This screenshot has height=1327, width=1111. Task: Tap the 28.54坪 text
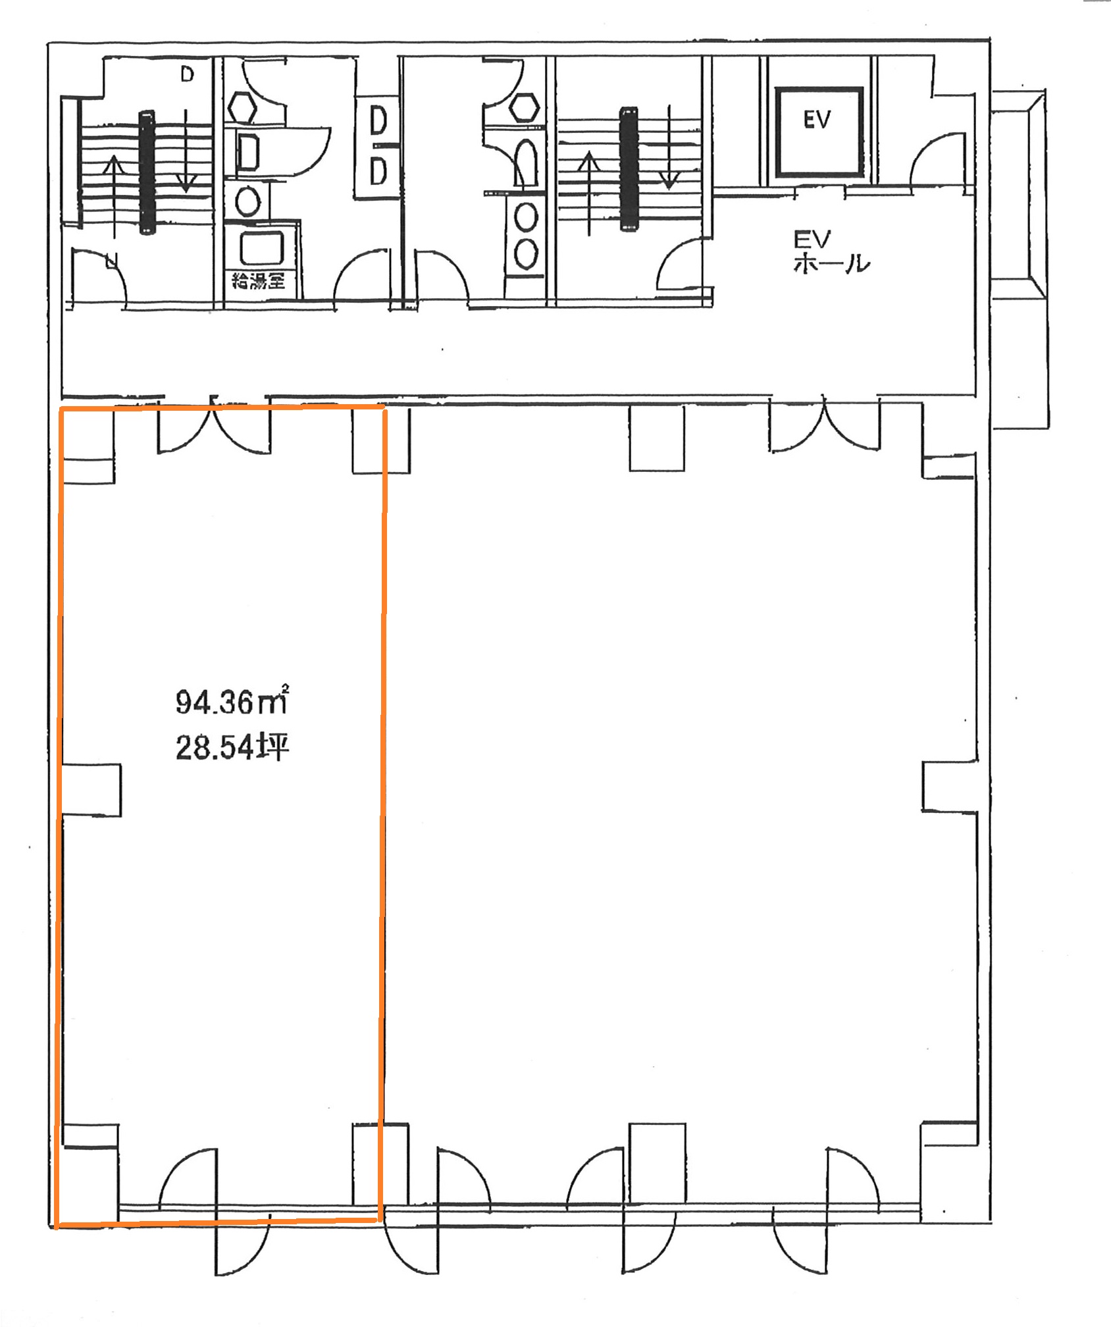pyautogui.click(x=232, y=748)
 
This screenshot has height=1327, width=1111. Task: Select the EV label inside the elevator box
pyautogui.click(x=817, y=119)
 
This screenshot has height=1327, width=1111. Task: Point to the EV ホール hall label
pyautogui.click(x=831, y=251)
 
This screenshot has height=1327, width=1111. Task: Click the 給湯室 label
pyautogui.click(x=258, y=281)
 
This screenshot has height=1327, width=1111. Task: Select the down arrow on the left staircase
pyautogui.click(x=186, y=151)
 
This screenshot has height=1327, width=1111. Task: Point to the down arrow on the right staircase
pyautogui.click(x=669, y=147)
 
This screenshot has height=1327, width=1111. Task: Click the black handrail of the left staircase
pyautogui.click(x=147, y=172)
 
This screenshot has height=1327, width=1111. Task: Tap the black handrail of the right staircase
pyautogui.click(x=629, y=170)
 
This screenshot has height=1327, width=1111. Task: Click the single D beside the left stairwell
pyautogui.click(x=188, y=74)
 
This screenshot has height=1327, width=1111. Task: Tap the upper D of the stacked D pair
pyautogui.click(x=378, y=122)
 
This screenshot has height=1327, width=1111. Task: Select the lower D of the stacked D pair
pyautogui.click(x=378, y=173)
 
